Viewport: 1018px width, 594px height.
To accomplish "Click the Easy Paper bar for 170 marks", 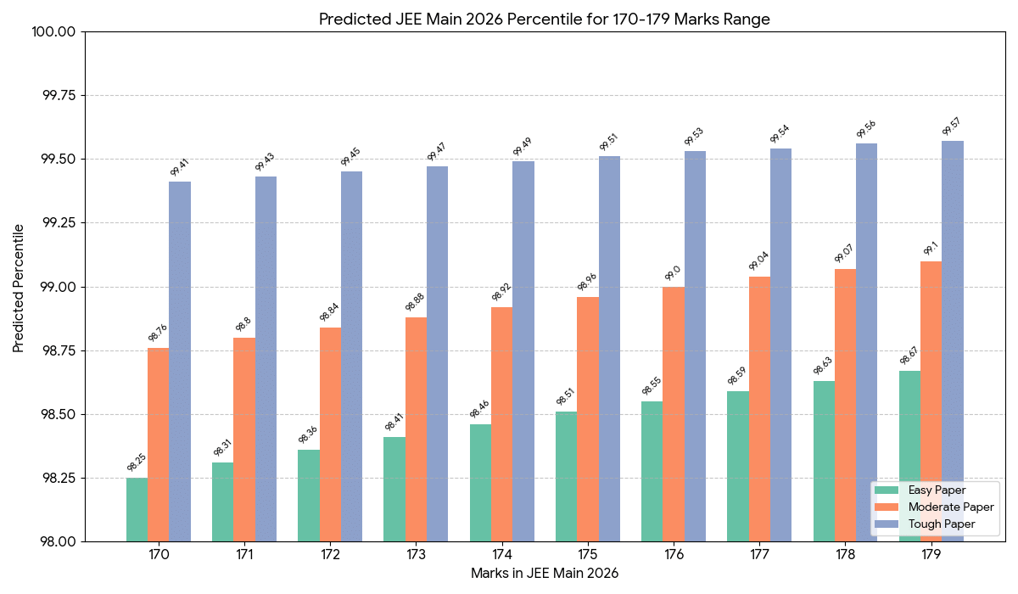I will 137,509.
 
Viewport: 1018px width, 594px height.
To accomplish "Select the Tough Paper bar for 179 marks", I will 953,339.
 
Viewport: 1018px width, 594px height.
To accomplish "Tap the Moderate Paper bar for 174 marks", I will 501,424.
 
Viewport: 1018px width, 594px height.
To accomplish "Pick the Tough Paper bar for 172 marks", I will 351,356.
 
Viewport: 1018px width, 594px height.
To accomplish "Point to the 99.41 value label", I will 180,166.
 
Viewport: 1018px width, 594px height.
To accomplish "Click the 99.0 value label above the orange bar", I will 673,272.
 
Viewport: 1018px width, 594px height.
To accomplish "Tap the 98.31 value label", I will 223,448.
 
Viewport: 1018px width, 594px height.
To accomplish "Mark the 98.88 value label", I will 416,303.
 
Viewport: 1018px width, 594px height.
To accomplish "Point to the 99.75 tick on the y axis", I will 59,96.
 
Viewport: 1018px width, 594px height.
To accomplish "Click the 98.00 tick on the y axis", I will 59,542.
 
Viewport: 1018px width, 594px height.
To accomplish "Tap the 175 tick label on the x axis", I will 587,555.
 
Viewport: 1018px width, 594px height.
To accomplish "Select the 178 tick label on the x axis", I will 845,555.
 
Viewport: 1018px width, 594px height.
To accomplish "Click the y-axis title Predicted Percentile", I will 19,288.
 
